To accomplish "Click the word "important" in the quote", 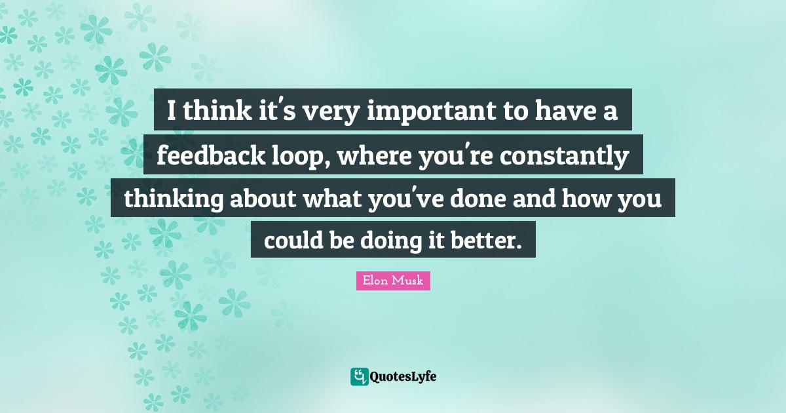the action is (x=432, y=111).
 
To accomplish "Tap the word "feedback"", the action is (x=211, y=155).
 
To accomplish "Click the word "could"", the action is (x=293, y=241).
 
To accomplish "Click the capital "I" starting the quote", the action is (x=171, y=111).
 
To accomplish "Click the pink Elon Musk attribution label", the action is (x=393, y=281).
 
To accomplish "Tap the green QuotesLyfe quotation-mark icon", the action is (x=360, y=377).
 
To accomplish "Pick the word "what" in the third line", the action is (x=332, y=199).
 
